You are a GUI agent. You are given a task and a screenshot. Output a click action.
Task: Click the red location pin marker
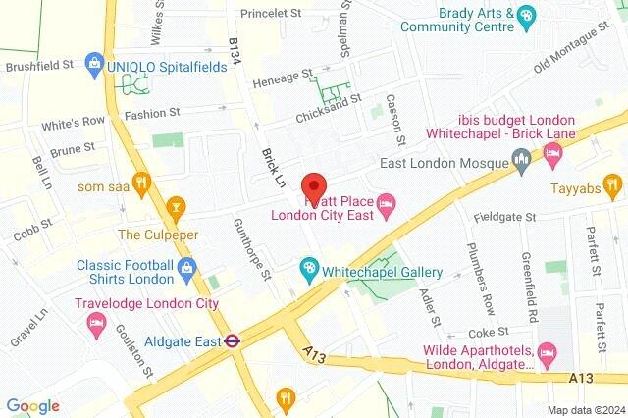click(x=313, y=186)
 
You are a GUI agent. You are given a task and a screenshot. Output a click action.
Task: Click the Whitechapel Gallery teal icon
click(x=309, y=268)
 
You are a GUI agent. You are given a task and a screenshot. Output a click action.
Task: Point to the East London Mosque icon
click(x=522, y=158)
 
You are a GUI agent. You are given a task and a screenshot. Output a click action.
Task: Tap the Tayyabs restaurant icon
click(x=611, y=183)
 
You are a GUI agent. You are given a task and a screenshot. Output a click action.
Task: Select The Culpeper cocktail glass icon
click(x=176, y=207)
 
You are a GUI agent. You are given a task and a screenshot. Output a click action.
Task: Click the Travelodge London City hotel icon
click(x=97, y=324)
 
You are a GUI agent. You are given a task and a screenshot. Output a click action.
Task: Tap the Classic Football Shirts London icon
click(x=186, y=266)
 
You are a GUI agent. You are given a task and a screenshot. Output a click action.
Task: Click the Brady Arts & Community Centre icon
click(x=527, y=14)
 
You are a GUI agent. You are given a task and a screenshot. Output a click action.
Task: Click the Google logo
click(x=32, y=405)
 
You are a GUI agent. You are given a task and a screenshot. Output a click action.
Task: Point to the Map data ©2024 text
click(x=586, y=409)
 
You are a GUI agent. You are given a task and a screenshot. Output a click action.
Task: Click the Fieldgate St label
click(x=503, y=216)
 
